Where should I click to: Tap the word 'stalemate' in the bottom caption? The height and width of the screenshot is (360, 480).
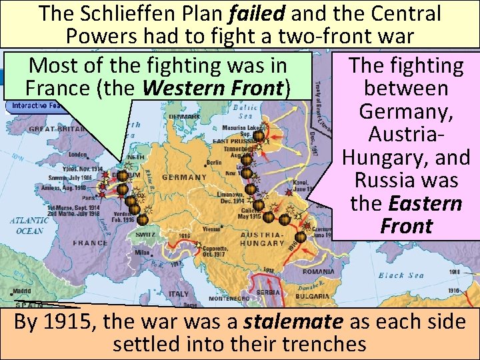293,322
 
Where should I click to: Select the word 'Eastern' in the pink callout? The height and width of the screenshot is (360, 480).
426,203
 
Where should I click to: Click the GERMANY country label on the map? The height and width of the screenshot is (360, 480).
184,177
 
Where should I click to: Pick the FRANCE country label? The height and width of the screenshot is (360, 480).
90,243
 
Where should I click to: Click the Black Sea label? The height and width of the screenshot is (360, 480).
402,275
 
